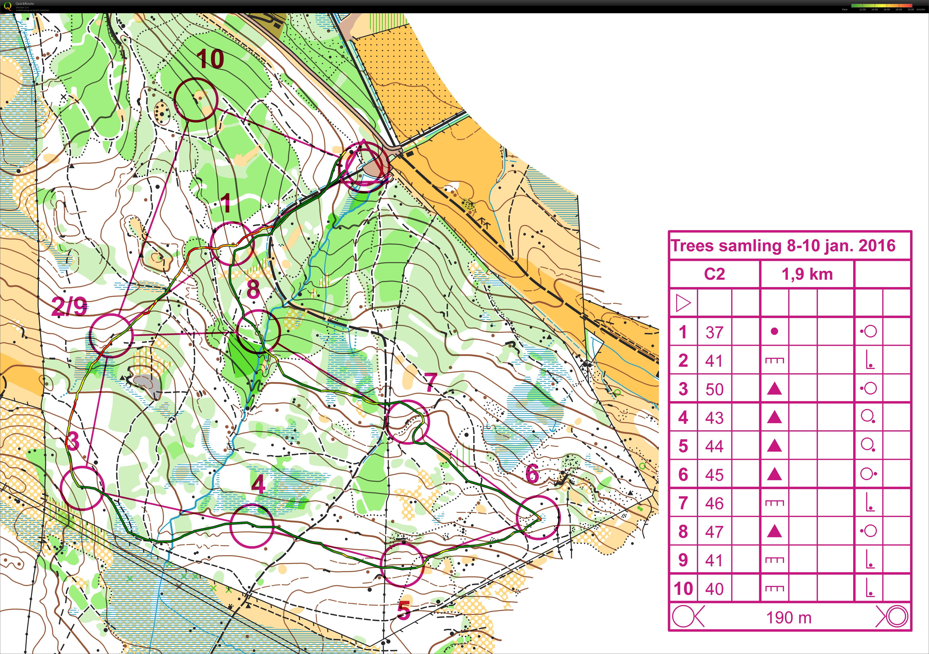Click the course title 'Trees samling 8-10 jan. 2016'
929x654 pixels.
(x=783, y=246)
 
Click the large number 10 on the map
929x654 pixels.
(x=210, y=60)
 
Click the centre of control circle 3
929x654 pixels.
(x=82, y=488)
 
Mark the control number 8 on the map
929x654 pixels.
(x=253, y=290)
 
